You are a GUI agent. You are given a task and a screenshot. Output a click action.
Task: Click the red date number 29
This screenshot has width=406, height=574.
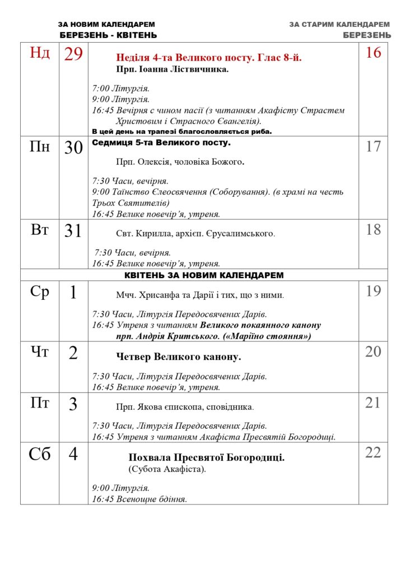pos(73,54)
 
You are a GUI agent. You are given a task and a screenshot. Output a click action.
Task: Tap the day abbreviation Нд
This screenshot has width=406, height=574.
pos(40,53)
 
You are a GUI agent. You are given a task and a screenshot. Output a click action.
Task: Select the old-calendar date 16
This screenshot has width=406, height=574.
pos(373,53)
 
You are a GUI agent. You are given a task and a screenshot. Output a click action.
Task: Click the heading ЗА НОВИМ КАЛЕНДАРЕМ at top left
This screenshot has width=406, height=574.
pos(106,25)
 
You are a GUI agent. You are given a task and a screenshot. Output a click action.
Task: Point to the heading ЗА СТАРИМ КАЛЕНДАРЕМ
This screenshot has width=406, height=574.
pos(340,25)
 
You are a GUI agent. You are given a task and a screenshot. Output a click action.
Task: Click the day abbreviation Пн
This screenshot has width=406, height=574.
pos(40,147)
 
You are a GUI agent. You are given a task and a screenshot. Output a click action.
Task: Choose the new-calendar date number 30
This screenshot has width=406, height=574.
pos(73,148)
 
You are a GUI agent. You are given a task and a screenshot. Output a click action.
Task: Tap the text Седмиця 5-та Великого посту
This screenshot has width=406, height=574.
pos(161,143)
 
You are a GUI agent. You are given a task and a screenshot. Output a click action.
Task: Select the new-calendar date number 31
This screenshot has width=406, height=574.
pos(73,231)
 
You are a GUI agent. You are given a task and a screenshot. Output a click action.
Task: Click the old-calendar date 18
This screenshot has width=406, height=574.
pos(373,229)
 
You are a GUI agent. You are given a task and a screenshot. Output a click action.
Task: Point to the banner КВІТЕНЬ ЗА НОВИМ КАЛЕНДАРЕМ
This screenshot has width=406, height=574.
pos(203,275)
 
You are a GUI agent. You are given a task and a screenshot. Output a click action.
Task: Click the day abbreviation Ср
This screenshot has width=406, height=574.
pos(40,292)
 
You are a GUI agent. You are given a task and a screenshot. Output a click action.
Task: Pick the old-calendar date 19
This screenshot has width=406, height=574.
pos(373,291)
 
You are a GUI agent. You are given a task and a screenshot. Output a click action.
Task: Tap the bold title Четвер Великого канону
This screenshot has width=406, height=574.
pos(179,357)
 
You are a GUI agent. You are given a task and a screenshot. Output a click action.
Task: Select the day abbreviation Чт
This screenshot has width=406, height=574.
pos(40,353)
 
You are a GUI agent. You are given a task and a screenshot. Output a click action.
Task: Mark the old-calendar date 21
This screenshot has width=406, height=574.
pos(373,402)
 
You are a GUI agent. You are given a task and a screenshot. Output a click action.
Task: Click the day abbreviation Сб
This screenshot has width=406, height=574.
pos(40,454)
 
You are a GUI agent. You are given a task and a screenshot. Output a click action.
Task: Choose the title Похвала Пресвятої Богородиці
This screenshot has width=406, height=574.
pos(207,457)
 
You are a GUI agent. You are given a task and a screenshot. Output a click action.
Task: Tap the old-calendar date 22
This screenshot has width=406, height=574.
pos(373,452)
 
